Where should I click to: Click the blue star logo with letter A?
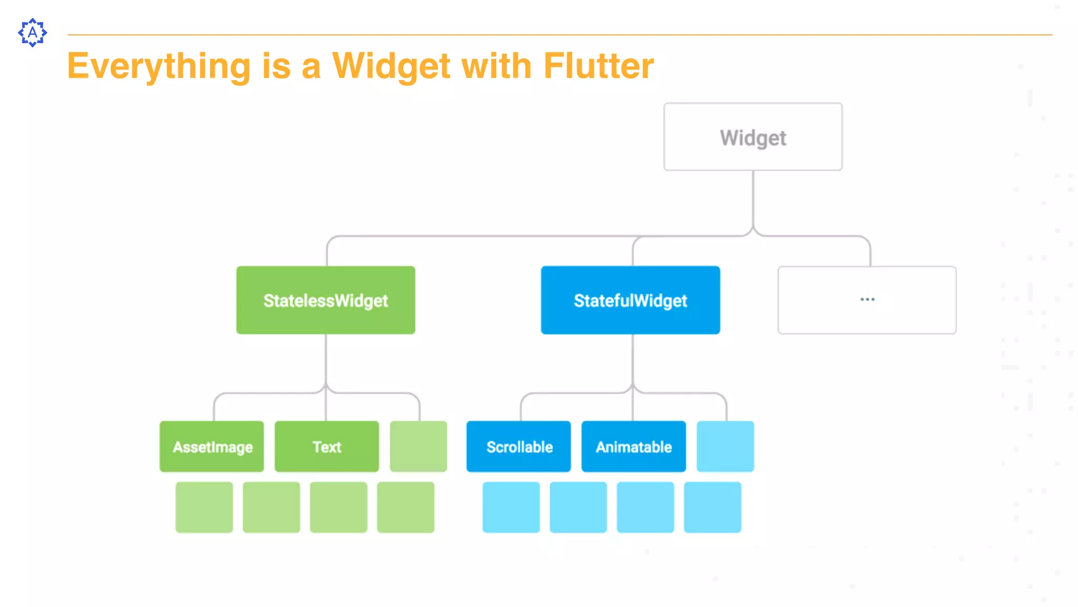(x=33, y=33)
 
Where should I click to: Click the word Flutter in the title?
(x=598, y=66)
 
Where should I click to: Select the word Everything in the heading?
(x=158, y=66)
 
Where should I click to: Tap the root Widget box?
(x=753, y=137)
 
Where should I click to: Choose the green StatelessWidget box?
(x=325, y=300)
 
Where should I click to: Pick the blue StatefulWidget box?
(x=630, y=300)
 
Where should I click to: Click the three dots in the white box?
(x=867, y=299)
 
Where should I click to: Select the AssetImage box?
(x=212, y=447)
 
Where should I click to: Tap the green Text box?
(x=326, y=447)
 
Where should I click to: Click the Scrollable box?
(x=518, y=447)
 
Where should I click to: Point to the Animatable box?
(x=633, y=447)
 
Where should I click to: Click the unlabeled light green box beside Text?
(x=418, y=446)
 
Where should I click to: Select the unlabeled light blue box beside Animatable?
(x=725, y=446)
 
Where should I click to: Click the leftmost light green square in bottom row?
(x=204, y=507)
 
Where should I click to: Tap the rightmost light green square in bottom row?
(x=405, y=507)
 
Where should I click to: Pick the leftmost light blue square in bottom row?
(x=511, y=507)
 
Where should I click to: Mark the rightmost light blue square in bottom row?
(x=712, y=507)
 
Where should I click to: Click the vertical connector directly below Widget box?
(x=753, y=200)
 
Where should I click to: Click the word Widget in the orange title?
(x=391, y=66)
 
